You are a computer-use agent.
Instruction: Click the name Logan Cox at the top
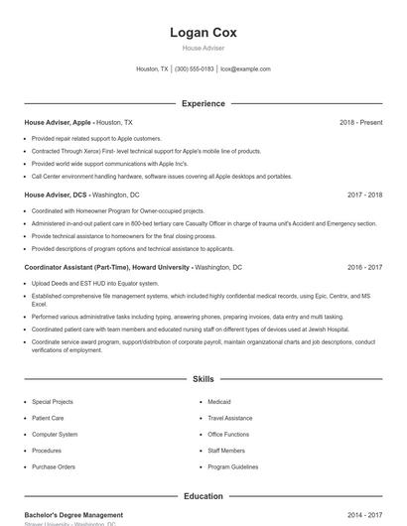point(203,33)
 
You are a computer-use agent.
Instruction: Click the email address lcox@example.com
point(245,69)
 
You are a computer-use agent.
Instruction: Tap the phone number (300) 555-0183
point(194,69)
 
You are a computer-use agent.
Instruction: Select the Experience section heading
point(203,103)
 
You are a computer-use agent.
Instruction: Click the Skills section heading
point(203,379)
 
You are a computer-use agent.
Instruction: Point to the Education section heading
point(203,496)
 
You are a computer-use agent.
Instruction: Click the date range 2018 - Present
point(360,122)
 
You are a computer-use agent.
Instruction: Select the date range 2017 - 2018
point(364,195)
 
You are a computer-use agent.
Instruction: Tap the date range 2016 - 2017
point(364,267)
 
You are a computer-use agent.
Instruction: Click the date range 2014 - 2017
point(364,515)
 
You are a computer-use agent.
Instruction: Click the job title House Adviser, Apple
point(59,122)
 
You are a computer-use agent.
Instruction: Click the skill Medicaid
point(219,402)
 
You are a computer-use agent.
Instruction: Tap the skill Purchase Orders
point(54,466)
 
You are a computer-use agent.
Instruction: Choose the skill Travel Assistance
point(230,418)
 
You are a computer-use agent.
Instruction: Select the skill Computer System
point(55,434)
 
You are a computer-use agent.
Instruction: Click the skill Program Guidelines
point(233,466)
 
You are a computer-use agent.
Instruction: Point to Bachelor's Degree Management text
point(74,515)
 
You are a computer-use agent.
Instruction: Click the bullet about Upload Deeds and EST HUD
point(94,284)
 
